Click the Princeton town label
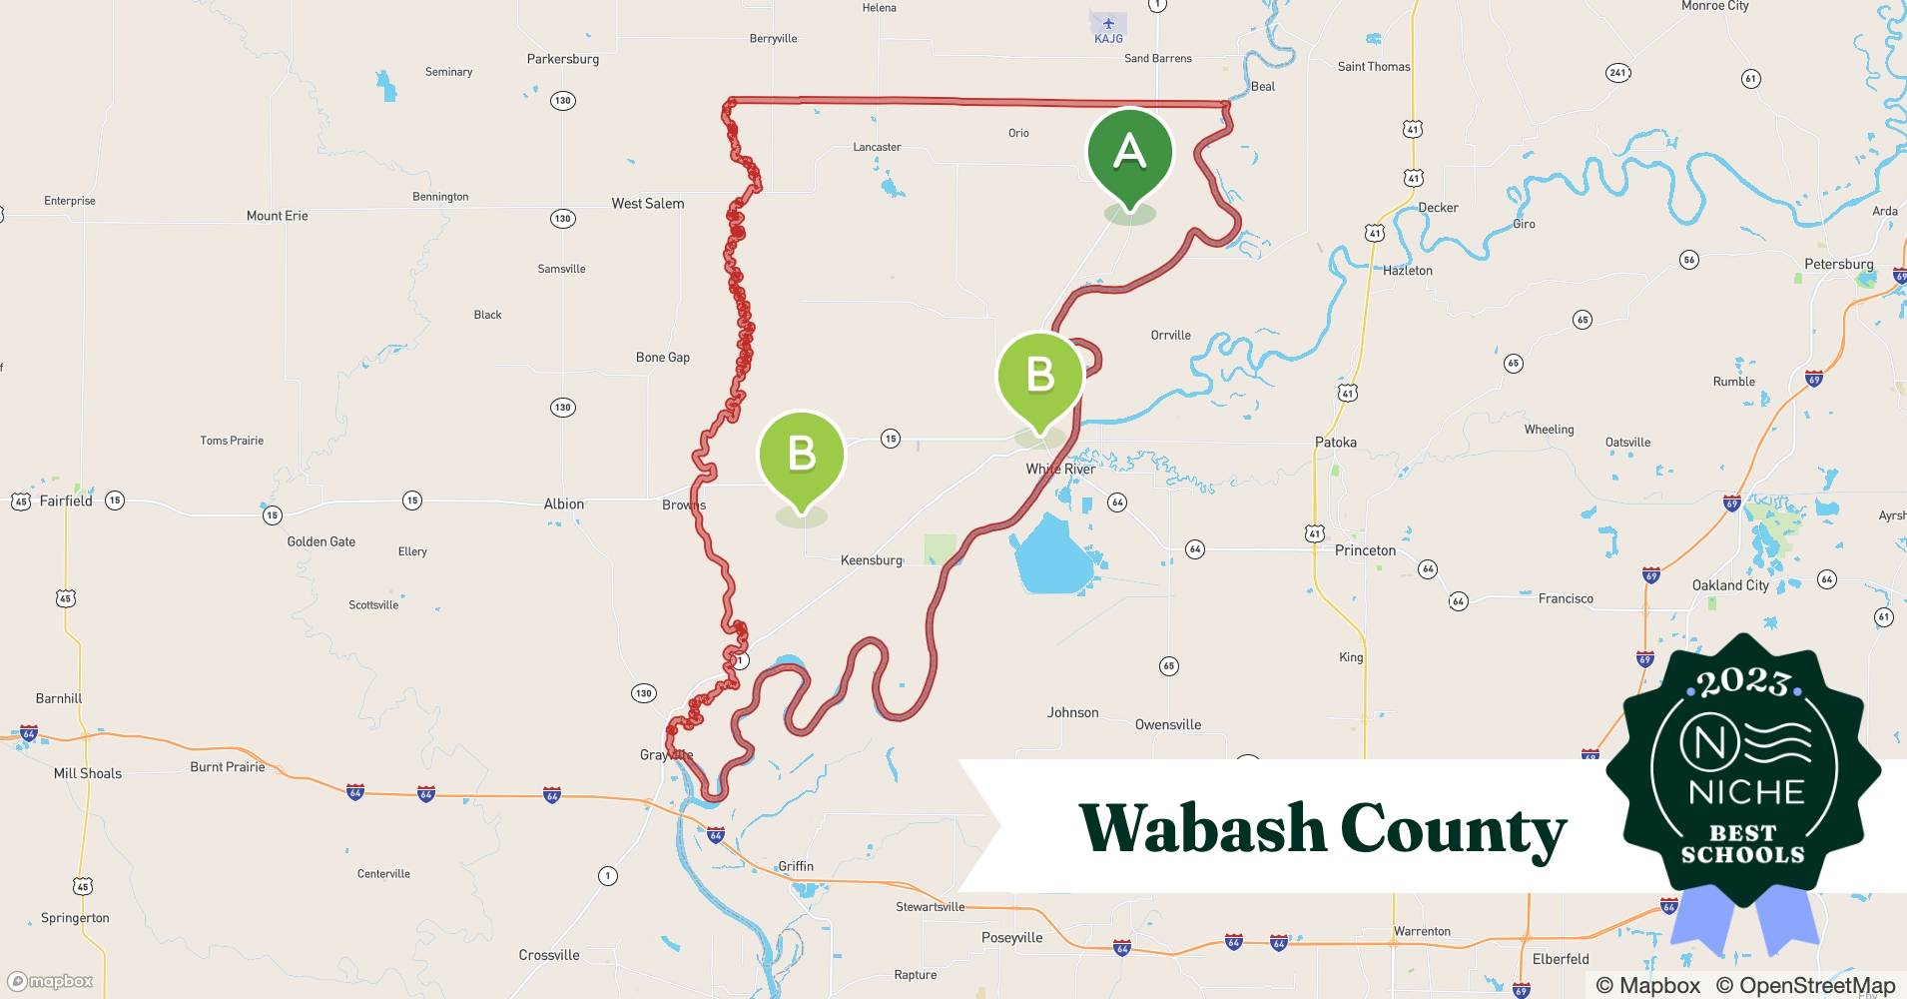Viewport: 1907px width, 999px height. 1365,550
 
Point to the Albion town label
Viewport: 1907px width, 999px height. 563,504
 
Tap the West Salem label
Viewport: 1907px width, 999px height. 648,204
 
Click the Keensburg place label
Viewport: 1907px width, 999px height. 871,560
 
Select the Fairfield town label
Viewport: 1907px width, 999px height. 66,500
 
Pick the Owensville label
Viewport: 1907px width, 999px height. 1167,725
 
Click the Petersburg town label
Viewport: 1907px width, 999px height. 1838,265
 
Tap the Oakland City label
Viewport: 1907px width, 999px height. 1729,585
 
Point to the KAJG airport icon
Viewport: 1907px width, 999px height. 1108,23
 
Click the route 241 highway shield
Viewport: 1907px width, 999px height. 1618,72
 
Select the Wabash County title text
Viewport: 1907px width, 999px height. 1323,829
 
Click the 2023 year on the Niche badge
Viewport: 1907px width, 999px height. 1742,683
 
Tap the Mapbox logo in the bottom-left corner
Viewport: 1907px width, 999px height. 51,981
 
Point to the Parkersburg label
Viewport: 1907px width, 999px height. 563,59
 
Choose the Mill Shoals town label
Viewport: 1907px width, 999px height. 88,773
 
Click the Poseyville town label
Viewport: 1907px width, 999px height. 1011,938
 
